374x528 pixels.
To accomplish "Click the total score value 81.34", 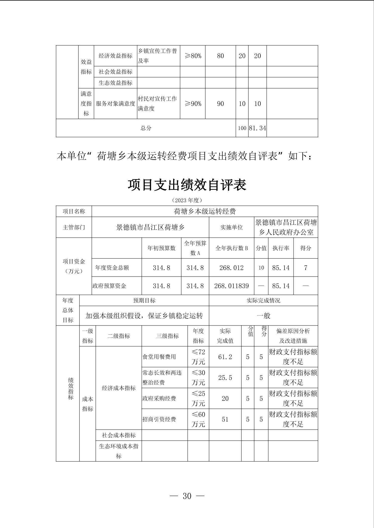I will (x=257, y=128).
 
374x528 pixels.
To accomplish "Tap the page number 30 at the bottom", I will (x=187, y=496).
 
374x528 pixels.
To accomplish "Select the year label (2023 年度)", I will (x=187, y=200).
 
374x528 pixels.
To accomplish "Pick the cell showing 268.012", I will (x=231, y=268).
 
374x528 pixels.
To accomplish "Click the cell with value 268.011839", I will (x=231, y=286).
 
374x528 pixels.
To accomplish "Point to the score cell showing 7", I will (x=306, y=268).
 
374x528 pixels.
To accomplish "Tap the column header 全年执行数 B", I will (x=231, y=248).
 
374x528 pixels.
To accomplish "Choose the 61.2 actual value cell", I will (x=225, y=357).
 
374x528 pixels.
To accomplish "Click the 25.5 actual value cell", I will (x=225, y=377).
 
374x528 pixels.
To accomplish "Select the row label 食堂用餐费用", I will (x=159, y=357).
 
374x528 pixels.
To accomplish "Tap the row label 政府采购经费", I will (x=159, y=398).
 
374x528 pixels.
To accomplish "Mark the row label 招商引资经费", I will (x=159, y=419).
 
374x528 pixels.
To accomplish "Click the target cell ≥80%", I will (x=193, y=56).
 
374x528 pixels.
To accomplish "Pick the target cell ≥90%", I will (x=193, y=103).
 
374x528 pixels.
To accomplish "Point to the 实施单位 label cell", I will (x=231, y=227).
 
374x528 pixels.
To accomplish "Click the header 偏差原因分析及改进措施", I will (x=293, y=336).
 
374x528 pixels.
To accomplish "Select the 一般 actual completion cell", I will (x=263, y=316).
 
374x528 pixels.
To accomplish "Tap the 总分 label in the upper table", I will (x=146, y=128).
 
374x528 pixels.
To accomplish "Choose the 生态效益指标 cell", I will (x=115, y=83).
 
